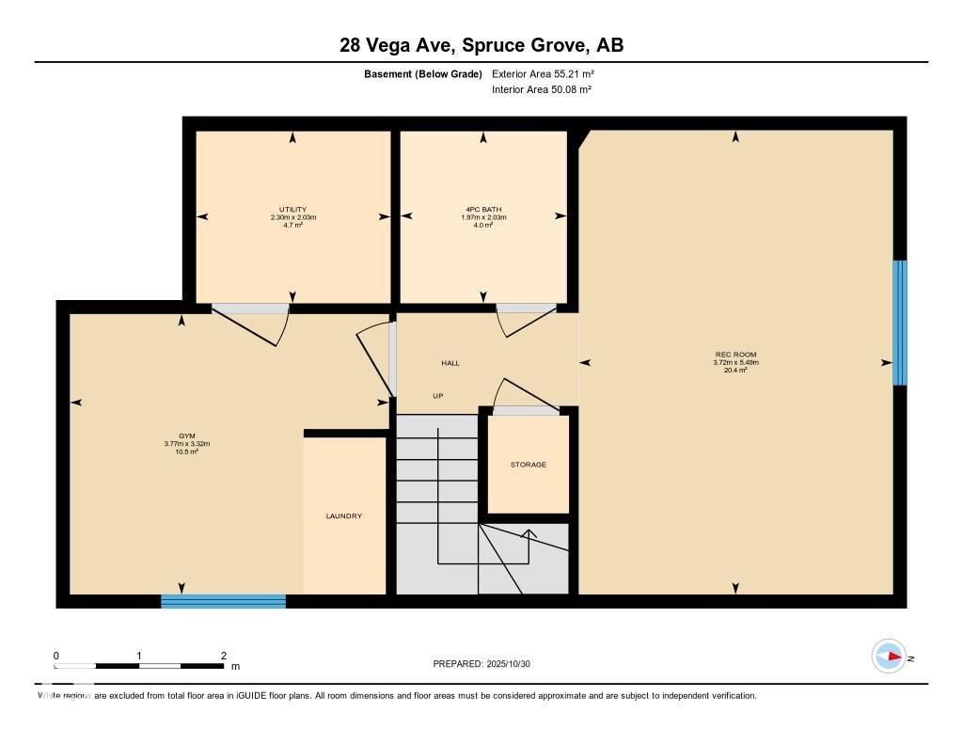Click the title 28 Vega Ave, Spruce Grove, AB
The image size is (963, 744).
[x=481, y=45]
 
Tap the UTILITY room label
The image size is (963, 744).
[x=292, y=210]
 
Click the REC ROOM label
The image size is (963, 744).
[x=735, y=355]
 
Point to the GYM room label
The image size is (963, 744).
[x=186, y=436]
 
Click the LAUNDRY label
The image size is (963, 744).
[x=343, y=516]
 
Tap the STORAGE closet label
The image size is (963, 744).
[x=528, y=465]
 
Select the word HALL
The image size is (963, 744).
[x=450, y=363]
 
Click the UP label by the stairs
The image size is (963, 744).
[x=437, y=396]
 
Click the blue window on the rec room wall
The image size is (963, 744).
[x=899, y=323]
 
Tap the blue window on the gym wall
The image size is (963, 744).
[x=223, y=601]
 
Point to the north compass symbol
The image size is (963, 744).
[x=889, y=657]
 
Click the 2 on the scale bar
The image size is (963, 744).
[x=223, y=656]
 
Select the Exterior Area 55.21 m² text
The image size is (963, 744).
[x=543, y=73]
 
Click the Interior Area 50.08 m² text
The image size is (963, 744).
[x=541, y=89]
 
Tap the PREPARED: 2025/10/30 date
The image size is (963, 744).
[x=481, y=664]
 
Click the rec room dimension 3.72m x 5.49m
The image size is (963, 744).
[x=735, y=362]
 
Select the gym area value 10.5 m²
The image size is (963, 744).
[x=186, y=451]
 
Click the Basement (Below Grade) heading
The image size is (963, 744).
[x=422, y=73]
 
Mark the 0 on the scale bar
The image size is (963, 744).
[x=56, y=656]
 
